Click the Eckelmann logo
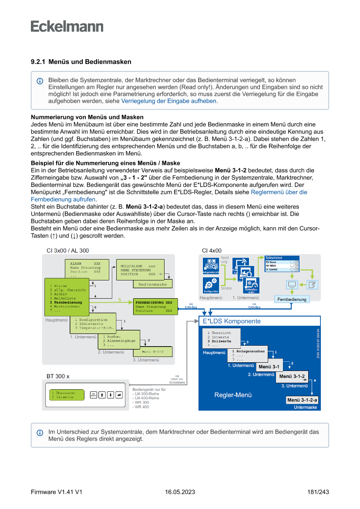click(x=67, y=26)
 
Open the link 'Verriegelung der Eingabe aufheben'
click(x=168, y=101)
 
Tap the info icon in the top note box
click(x=40, y=81)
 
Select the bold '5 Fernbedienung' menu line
click(x=66, y=302)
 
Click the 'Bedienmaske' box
click(x=153, y=284)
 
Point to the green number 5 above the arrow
click(x=120, y=300)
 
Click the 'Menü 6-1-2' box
click(x=153, y=351)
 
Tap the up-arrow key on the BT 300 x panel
click(x=102, y=395)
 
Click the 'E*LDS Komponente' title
click(x=232, y=321)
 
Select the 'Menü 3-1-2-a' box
click(x=302, y=400)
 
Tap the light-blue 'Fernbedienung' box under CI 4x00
click(x=292, y=299)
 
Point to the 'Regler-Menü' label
click(x=233, y=395)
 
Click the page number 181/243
click(x=317, y=492)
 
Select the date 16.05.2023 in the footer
click(x=180, y=492)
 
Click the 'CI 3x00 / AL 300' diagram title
click(x=67, y=250)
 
